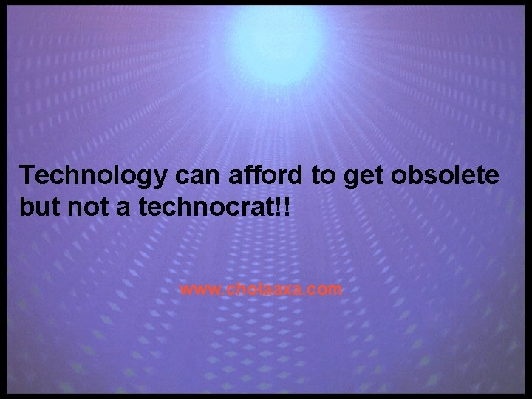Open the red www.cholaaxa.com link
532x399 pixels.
click(x=261, y=289)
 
